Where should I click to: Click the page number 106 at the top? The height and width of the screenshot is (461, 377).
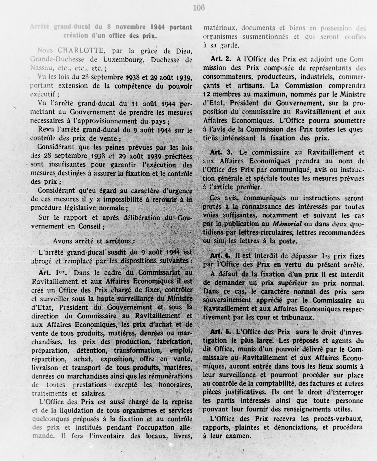tap(199, 8)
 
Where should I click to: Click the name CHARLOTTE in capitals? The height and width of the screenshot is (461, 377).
tap(80, 51)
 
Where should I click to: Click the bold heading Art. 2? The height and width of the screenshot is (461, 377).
tap(220, 59)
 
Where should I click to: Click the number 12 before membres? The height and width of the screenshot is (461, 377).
tap(207, 95)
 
